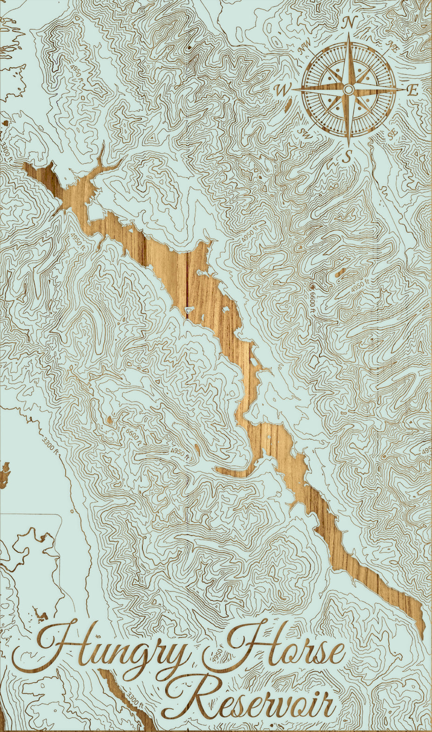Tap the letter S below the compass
[x=346, y=157]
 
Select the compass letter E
[x=412, y=91]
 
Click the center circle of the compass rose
[x=349, y=89]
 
